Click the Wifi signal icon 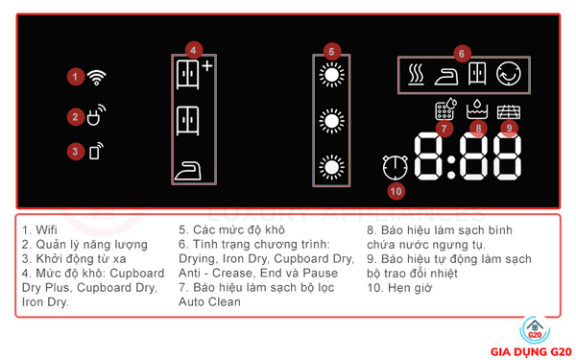tap(97, 78)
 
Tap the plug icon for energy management tap(95, 115)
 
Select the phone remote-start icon tap(96, 151)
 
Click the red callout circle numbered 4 tap(194, 50)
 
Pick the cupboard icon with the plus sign tap(194, 74)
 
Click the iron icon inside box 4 tap(188, 171)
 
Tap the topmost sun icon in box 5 tap(332, 75)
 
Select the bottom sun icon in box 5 tap(332, 167)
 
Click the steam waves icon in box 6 tap(417, 75)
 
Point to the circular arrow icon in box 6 tap(509, 74)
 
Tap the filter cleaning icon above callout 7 tap(445, 109)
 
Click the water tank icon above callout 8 tap(477, 109)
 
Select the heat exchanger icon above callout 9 tap(509, 112)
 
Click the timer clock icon tap(395, 167)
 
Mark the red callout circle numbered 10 tap(396, 191)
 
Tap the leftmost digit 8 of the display tap(428, 156)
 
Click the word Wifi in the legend tap(46, 230)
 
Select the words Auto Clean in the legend tap(209, 302)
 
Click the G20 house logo tap(535, 329)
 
